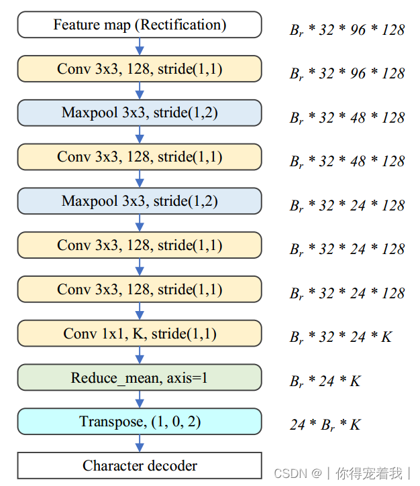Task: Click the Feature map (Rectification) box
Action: (140, 25)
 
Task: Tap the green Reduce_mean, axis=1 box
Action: (140, 377)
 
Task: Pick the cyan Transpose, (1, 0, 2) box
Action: (140, 422)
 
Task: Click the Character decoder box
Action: (140, 465)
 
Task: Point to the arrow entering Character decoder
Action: (140, 443)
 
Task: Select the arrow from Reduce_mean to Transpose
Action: (140, 400)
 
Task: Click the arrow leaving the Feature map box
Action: (140, 46)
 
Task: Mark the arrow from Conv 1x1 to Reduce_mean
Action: (140, 355)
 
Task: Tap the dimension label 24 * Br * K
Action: (325, 424)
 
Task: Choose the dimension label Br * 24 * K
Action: (325, 381)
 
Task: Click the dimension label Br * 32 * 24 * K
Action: (340, 337)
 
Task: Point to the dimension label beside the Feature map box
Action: (347, 29)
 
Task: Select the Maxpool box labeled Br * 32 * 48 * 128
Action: (140, 113)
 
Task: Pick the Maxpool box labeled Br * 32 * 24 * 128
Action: (140, 201)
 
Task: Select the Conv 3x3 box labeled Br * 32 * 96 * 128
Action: (140, 69)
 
